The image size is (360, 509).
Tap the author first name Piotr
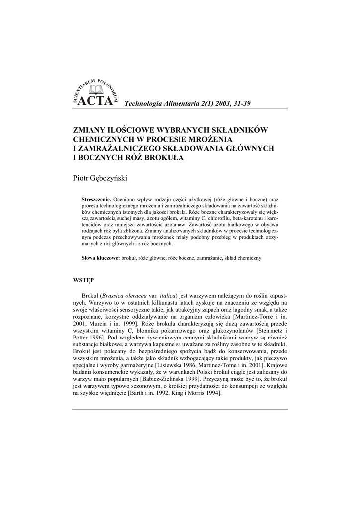point(81,177)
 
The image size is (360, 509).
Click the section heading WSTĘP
point(84,280)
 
